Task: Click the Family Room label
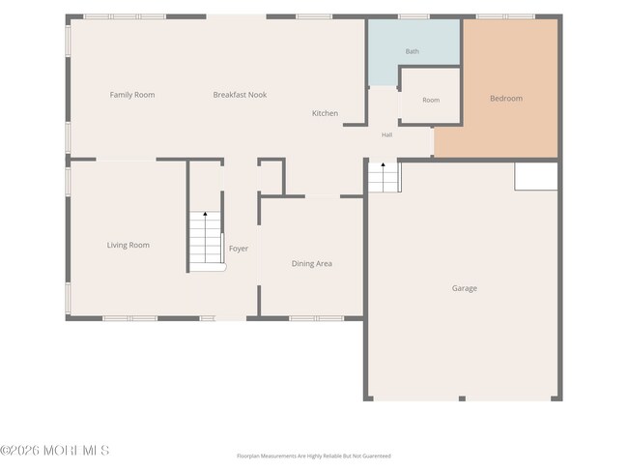pos(132,95)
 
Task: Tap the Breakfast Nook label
pos(240,95)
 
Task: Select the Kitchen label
pos(325,113)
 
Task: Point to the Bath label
pos(413,51)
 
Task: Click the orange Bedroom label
pos(506,99)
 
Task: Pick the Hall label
pos(386,134)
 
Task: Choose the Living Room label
pos(128,245)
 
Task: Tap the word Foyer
pos(239,249)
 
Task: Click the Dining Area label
pos(312,263)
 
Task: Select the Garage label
pos(465,288)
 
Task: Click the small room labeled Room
pos(431,97)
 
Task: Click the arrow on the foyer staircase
pos(205,237)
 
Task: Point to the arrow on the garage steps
pos(383,177)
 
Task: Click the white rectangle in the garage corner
pos(536,176)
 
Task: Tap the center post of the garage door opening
pos(462,398)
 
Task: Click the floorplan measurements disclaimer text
pos(314,456)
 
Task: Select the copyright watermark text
pos(55,451)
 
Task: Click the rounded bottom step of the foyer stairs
pos(208,267)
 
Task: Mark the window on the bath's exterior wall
pos(414,16)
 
